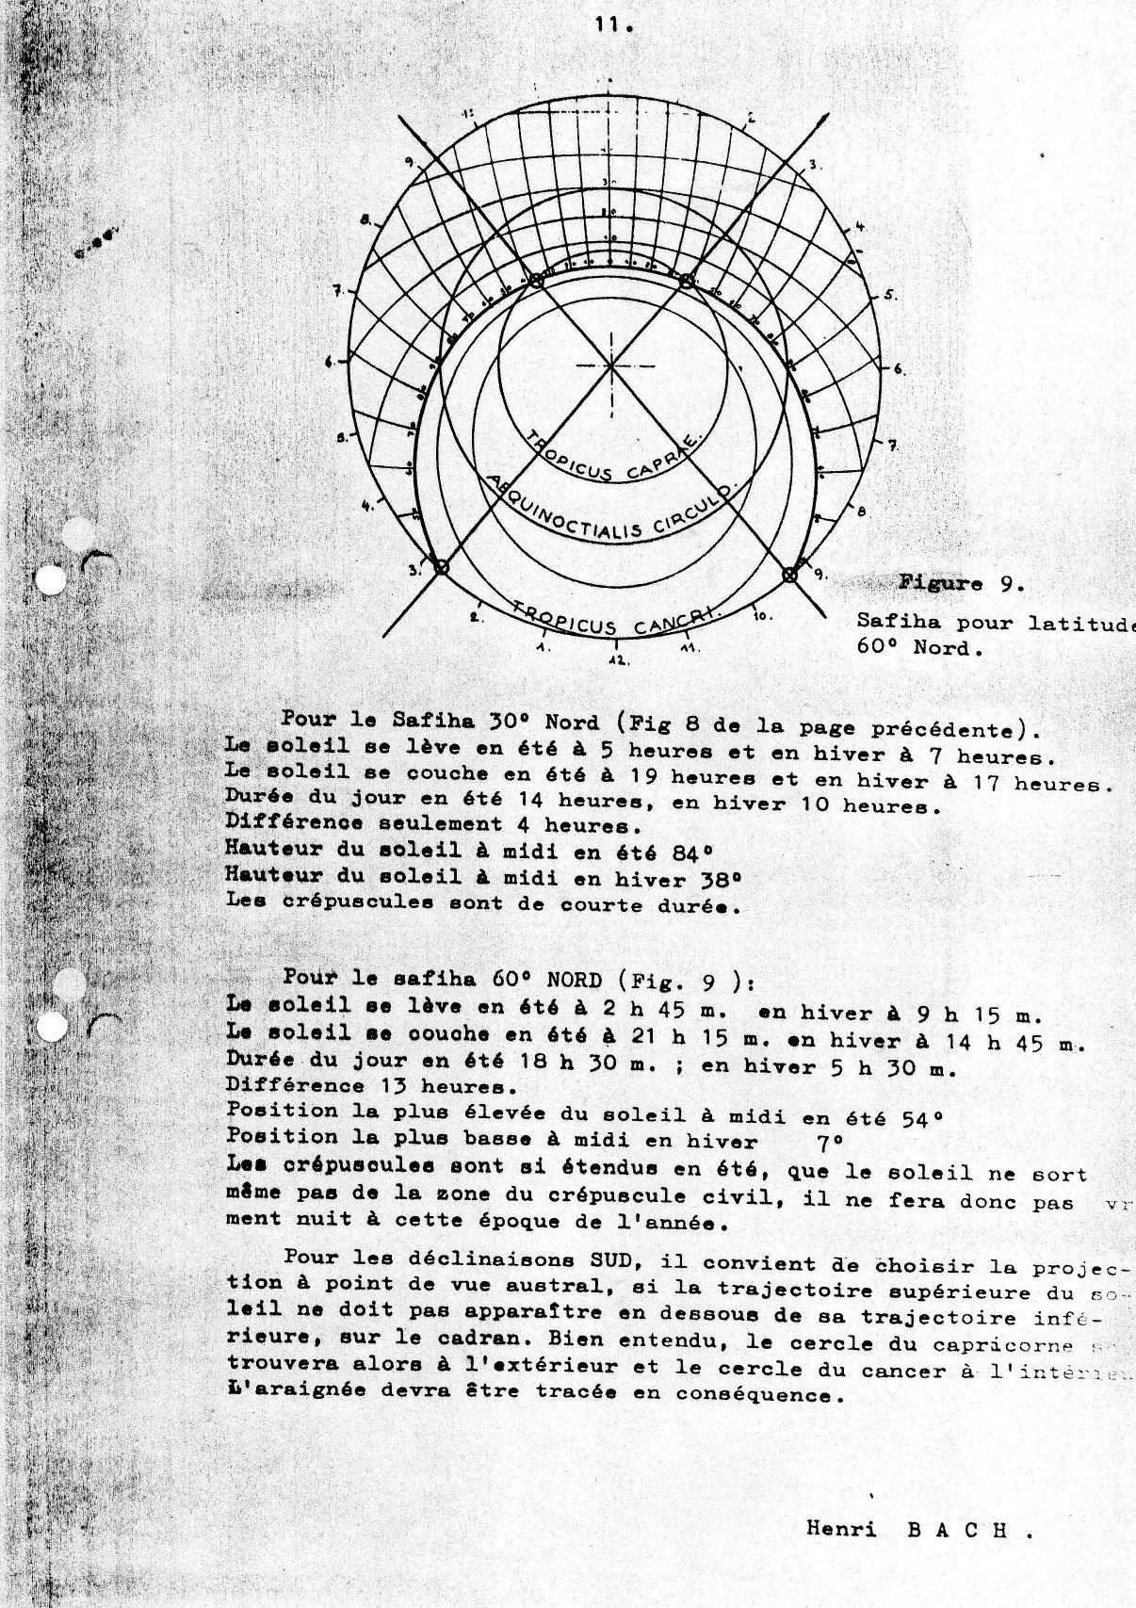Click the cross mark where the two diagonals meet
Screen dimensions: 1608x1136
click(x=610, y=365)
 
